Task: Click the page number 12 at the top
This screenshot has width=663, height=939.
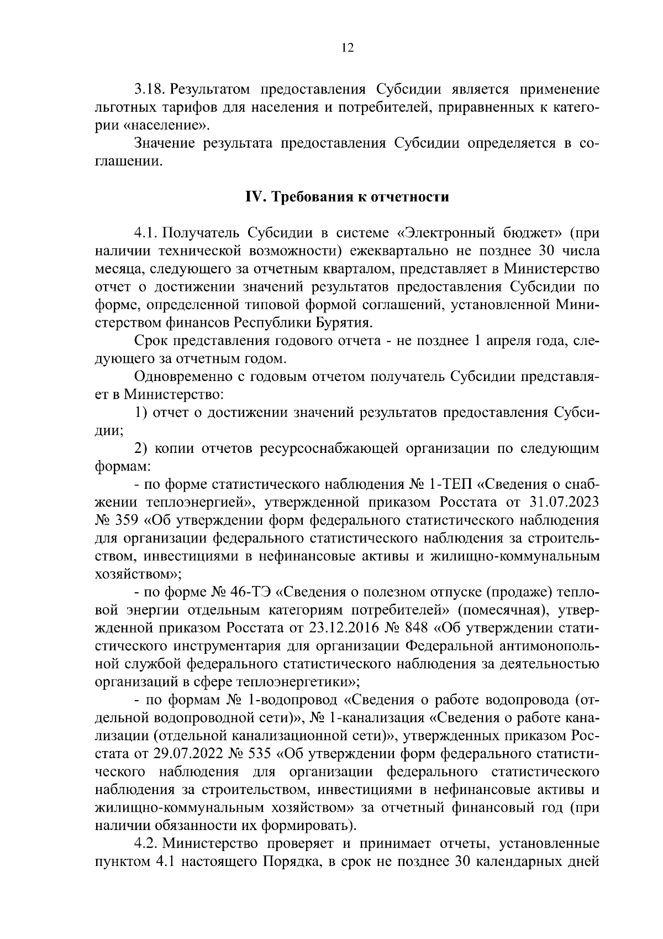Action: pyautogui.click(x=347, y=48)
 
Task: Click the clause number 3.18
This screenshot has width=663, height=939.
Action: pyautogui.click(x=151, y=90)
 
